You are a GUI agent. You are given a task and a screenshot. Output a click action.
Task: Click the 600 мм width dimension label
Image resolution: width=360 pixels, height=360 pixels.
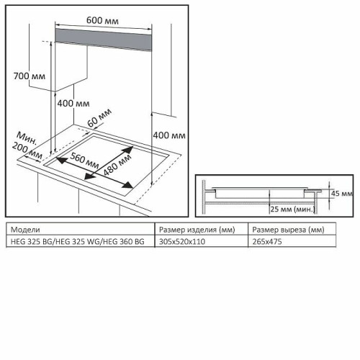(102, 20)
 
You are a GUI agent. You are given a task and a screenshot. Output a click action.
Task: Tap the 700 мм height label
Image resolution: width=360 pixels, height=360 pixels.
(30, 76)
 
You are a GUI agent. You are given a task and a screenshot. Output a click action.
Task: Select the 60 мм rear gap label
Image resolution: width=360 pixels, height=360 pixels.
(99, 117)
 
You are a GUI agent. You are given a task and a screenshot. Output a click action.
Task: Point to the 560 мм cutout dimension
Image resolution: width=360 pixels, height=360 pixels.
(84, 161)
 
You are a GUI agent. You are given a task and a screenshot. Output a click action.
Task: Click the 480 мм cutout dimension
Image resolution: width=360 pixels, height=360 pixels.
(117, 165)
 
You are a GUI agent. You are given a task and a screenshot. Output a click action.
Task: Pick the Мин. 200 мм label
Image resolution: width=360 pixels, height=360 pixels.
(27, 145)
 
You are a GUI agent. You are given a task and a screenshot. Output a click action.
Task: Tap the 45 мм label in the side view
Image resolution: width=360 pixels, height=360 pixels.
(341, 193)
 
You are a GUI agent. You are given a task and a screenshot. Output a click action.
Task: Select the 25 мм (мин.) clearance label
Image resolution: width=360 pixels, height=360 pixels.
(292, 210)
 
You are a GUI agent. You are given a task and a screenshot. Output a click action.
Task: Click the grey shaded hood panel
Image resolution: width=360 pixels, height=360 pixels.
(104, 40)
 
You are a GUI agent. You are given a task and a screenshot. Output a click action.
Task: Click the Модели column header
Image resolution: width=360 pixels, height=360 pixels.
(25, 230)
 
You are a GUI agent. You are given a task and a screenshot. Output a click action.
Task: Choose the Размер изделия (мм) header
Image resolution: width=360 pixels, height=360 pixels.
(197, 230)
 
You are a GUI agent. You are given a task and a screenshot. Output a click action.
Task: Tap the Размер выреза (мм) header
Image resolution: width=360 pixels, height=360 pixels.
(288, 230)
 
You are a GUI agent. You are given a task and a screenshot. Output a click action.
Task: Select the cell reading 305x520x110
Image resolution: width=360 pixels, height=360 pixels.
(182, 241)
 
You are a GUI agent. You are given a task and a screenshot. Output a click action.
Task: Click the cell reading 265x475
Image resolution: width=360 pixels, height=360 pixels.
(267, 241)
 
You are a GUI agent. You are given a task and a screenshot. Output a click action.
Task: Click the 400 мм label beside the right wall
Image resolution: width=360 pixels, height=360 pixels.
(169, 135)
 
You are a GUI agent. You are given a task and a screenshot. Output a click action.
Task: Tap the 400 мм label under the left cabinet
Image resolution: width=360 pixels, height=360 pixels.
(73, 104)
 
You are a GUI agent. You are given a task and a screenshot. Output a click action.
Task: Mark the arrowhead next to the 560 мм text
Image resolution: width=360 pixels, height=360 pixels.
(61, 160)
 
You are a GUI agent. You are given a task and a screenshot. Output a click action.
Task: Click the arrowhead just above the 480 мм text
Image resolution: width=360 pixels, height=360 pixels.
(127, 150)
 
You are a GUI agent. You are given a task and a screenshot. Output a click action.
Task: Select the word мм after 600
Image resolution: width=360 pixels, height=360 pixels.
(112, 21)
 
